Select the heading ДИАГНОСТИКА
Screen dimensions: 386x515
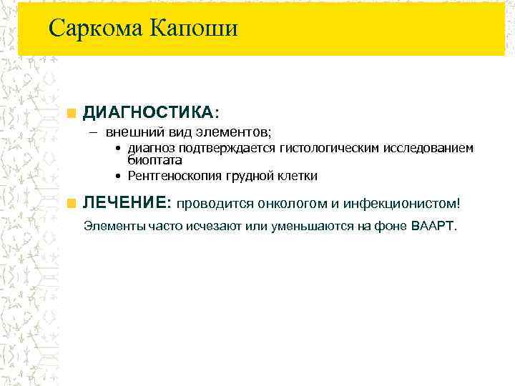click(x=147, y=112)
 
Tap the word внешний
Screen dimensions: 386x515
click(x=129, y=132)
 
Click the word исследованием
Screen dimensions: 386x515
click(x=428, y=149)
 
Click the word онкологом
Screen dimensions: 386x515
click(x=275, y=204)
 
